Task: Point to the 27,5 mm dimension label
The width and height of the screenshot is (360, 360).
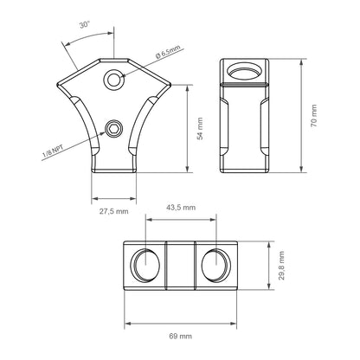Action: (112, 210)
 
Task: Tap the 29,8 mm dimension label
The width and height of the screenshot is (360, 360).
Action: (281, 262)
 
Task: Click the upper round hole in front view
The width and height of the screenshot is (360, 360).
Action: (113, 80)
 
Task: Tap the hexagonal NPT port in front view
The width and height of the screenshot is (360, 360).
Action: (113, 131)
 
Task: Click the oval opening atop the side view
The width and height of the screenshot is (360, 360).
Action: (245, 71)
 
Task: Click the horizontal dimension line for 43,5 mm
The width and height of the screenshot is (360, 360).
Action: (181, 220)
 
